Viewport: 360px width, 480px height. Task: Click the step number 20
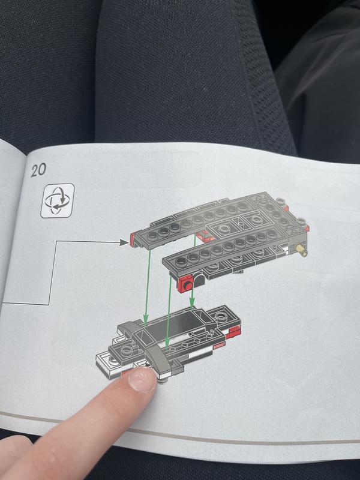(x=38, y=170)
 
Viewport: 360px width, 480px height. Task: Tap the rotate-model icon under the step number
(x=58, y=200)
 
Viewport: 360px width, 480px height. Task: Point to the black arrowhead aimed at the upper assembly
(x=124, y=242)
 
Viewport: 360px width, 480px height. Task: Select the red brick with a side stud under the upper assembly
(x=185, y=284)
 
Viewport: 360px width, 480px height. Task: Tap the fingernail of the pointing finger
(x=142, y=380)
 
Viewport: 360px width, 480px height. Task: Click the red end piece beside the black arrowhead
(x=133, y=239)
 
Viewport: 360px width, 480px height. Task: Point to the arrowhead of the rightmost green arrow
(x=192, y=303)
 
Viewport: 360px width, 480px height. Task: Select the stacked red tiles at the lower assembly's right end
(x=233, y=332)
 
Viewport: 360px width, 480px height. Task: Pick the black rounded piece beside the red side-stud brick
(x=199, y=280)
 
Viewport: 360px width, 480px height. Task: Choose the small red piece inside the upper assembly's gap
(x=203, y=236)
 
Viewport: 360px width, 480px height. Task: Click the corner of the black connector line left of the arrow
(x=56, y=242)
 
